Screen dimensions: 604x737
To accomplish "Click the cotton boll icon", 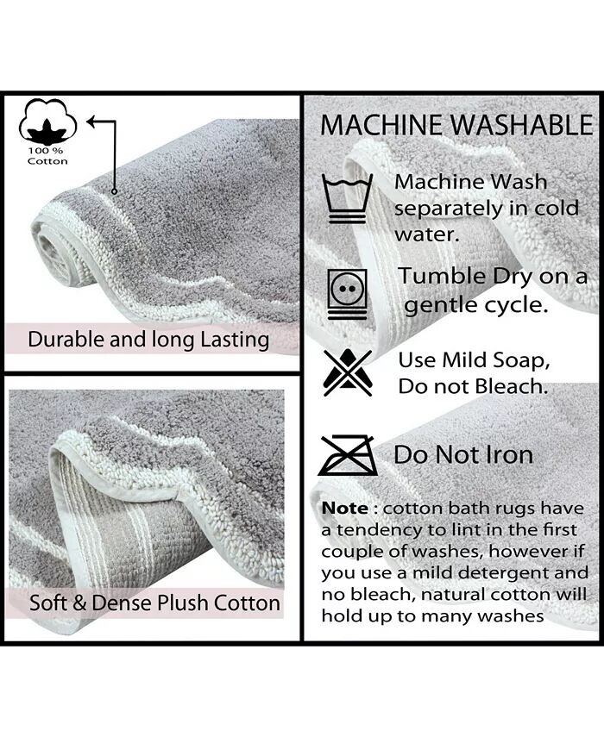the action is point(47,122).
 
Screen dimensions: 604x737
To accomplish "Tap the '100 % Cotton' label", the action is point(47,156).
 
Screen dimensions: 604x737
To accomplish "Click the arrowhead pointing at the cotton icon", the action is point(92,122).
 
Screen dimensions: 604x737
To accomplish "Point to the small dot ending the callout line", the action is point(114,191).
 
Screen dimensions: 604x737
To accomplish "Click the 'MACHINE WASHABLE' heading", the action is point(456,125).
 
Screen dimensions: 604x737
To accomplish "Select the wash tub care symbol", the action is point(347,198).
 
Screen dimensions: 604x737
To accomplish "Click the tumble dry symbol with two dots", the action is point(348,294).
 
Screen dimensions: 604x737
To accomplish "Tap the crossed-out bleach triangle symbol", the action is point(348,372).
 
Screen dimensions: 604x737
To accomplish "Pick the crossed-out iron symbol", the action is point(348,455).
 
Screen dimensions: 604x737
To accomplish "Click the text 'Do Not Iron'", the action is point(463,455).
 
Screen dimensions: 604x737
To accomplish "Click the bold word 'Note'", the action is point(345,508).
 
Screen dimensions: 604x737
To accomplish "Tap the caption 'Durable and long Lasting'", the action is point(148,340).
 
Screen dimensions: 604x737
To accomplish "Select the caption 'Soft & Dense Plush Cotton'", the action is point(154,603).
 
